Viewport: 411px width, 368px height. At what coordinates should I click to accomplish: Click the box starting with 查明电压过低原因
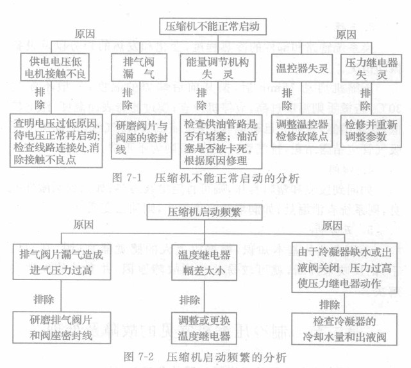[58, 138]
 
